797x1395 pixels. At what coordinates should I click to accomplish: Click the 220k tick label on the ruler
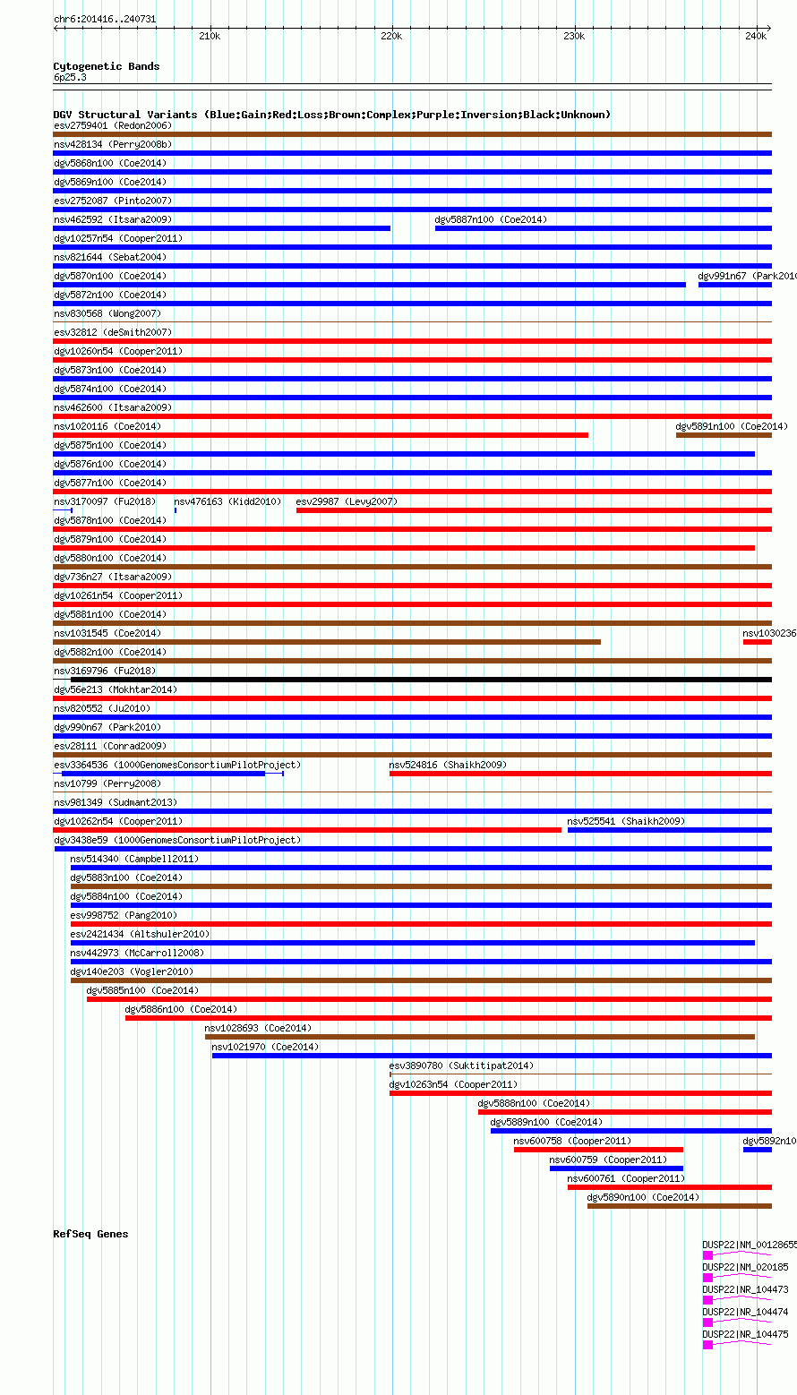coord(391,36)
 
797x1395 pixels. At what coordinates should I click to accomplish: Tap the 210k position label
coord(209,36)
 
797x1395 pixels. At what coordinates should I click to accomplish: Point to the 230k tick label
coord(574,36)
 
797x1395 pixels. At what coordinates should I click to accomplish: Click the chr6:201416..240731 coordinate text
coord(105,18)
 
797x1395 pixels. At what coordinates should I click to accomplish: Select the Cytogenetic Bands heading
coord(107,66)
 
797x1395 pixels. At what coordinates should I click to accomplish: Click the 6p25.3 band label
coord(70,78)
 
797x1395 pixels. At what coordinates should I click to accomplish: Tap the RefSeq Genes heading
coord(90,1234)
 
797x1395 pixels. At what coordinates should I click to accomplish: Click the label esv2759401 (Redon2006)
coord(113,125)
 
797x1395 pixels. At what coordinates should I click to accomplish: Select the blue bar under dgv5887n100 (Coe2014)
coord(603,228)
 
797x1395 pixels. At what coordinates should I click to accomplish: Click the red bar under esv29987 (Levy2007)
coord(534,510)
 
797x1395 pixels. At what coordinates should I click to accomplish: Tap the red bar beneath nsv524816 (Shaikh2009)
coord(580,774)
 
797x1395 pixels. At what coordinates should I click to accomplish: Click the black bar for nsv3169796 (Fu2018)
coord(421,680)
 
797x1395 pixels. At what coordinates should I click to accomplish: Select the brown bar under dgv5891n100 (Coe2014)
coord(724,435)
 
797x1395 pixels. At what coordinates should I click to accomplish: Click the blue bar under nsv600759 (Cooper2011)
coord(616,1168)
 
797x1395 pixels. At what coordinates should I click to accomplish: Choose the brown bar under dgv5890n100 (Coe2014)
coord(679,1206)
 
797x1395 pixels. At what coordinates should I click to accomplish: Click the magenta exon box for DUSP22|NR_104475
coord(707,1345)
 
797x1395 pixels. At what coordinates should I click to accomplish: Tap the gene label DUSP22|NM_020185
coord(745,1267)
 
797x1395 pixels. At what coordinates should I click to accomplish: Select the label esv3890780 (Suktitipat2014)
coord(460,1066)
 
